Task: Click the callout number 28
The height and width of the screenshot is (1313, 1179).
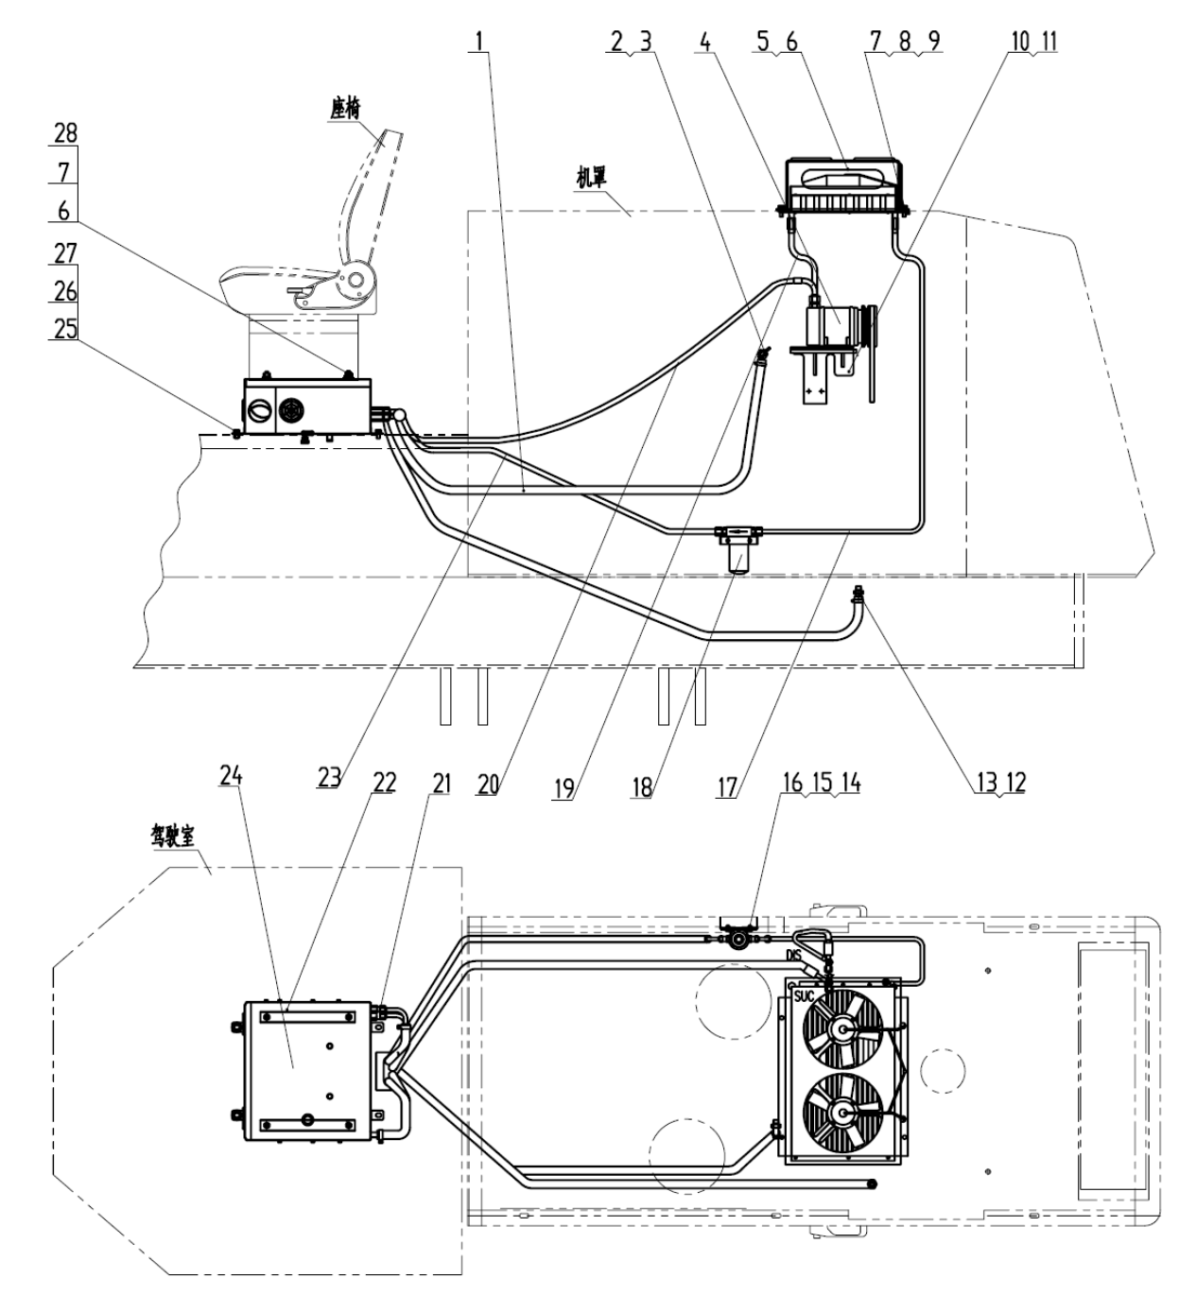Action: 65,133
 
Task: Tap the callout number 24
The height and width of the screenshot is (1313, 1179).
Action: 232,776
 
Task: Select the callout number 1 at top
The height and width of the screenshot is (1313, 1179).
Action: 479,42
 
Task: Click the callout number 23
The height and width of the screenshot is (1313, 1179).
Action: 329,777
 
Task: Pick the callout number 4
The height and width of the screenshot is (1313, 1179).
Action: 705,42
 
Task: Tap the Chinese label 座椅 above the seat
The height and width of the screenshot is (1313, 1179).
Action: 345,109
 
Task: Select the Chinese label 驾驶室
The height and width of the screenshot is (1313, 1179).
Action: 172,838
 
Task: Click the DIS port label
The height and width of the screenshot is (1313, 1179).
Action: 794,956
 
